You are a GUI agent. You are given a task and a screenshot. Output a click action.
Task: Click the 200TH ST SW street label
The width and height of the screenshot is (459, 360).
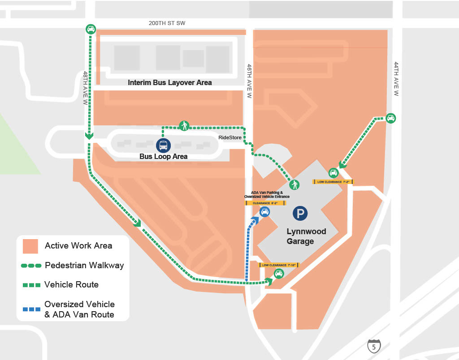pos(167,23)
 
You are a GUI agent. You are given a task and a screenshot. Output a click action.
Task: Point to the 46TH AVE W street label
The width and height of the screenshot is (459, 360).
pos(249,81)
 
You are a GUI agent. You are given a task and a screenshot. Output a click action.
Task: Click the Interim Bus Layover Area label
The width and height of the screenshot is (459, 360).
pos(169,82)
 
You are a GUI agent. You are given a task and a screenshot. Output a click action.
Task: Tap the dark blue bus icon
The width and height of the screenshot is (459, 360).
pos(163,145)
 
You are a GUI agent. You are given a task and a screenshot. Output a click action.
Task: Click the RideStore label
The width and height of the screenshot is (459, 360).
pos(230,137)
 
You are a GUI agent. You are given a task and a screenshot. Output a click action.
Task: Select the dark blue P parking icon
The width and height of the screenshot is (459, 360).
pos(300,213)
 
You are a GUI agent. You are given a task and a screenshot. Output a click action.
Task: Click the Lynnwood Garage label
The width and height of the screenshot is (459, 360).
pos(306,236)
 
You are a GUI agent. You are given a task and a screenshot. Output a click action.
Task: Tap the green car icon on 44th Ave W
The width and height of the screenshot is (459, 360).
pos(391,118)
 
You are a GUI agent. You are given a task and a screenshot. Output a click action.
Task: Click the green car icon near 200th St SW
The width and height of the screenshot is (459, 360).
pos(91,29)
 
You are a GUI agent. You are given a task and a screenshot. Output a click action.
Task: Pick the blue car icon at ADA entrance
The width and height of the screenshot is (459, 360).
pos(264,211)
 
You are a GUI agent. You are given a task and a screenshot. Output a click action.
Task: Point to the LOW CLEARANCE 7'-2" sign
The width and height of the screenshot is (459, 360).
pos(333,182)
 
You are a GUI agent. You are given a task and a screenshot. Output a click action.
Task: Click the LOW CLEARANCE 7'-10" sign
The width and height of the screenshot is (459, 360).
pos(279,265)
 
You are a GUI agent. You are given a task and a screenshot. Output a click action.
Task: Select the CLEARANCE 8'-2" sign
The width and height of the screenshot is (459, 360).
pos(265,203)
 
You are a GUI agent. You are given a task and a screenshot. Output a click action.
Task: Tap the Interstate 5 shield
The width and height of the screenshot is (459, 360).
pos(374,346)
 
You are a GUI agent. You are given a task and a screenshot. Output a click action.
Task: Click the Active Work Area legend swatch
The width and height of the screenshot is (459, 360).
pos(30,246)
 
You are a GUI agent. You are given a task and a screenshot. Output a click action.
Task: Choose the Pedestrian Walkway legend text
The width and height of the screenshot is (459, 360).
pos(84,265)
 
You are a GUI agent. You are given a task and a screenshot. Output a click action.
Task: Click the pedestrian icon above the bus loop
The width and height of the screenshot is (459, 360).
pos(184,125)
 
